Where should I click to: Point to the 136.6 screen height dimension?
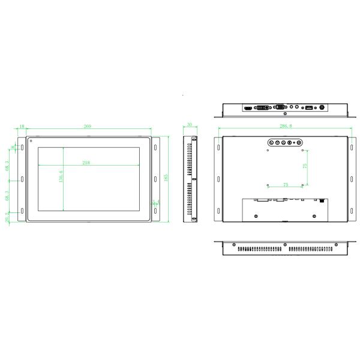(x=61, y=179)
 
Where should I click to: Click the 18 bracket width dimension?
(x=22, y=127)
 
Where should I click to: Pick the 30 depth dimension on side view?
(x=190, y=125)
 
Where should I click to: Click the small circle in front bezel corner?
(x=31, y=142)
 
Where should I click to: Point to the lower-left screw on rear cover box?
(x=257, y=215)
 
